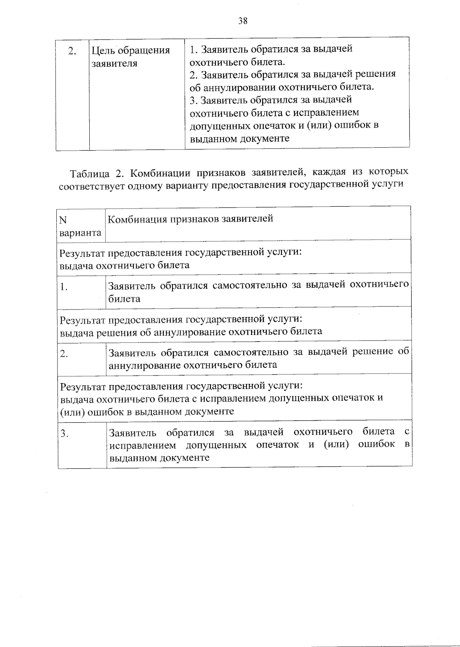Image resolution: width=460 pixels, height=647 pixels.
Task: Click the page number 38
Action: pyautogui.click(x=243, y=21)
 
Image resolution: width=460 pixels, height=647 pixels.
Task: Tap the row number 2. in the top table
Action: pyautogui.click(x=72, y=51)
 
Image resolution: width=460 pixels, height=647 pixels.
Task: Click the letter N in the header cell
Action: pyautogui.click(x=63, y=220)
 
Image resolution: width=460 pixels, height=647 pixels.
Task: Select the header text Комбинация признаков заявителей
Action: pyautogui.click(x=191, y=219)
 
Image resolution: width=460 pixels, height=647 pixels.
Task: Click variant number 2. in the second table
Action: pyautogui.click(x=64, y=354)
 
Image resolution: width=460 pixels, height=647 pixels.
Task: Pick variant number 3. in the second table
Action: pyautogui.click(x=64, y=434)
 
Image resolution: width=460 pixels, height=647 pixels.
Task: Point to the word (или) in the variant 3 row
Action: pyautogui.click(x=336, y=445)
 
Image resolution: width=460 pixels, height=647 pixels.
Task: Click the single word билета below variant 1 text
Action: pyautogui.click(x=124, y=299)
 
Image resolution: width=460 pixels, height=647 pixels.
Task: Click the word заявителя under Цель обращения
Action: pyautogui.click(x=114, y=63)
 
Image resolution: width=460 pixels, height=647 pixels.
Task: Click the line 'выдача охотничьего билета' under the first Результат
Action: pyautogui.click(x=125, y=265)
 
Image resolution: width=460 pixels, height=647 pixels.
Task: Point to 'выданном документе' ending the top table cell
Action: pyautogui.click(x=240, y=138)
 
